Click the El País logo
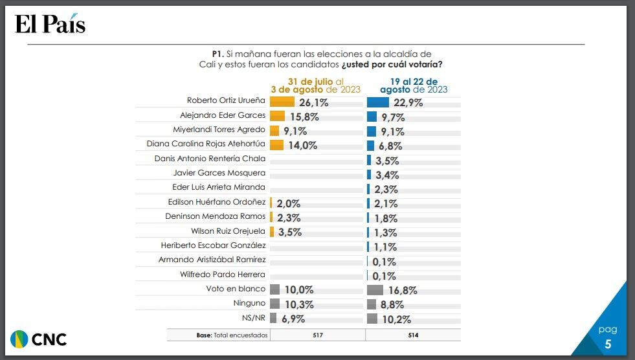pos(50,25)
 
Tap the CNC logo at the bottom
pos(38,338)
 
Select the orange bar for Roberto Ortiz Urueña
pos(282,102)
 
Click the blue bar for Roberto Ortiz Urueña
pos(377,102)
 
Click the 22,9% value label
pos(407,103)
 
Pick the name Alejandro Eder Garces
pos(223,115)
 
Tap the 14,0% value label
pos(302,146)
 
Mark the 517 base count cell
pos(317,335)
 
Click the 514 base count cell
pos(413,335)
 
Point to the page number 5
pos(607,344)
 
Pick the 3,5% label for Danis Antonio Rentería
pos(387,161)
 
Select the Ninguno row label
pos(249,303)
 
